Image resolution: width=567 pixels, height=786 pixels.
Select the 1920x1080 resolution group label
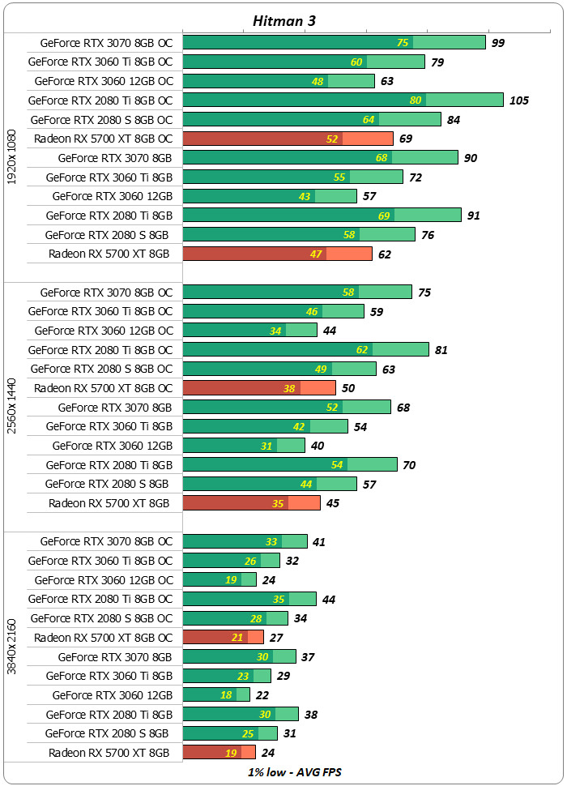click(x=11, y=157)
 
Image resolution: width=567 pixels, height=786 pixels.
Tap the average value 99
click(x=498, y=43)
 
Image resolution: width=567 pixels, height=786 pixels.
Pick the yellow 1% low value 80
click(x=416, y=100)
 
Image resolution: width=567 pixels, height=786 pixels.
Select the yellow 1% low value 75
click(x=403, y=43)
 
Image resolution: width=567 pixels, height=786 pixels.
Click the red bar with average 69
click(x=288, y=139)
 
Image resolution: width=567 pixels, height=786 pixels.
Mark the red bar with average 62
click(x=277, y=254)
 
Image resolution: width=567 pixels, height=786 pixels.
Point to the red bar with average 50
click(x=259, y=388)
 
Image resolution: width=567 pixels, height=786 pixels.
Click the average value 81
click(x=441, y=350)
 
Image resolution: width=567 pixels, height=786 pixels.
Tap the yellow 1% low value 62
click(x=361, y=350)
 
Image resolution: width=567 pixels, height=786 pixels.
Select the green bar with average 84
click(x=312, y=119)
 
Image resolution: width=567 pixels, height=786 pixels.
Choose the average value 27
click(x=276, y=638)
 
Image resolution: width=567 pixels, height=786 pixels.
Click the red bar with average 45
click(x=251, y=503)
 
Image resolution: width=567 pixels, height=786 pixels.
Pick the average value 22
click(x=262, y=695)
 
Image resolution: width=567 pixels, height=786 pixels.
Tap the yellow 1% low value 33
click(x=272, y=542)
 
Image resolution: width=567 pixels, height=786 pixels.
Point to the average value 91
click(x=474, y=216)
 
